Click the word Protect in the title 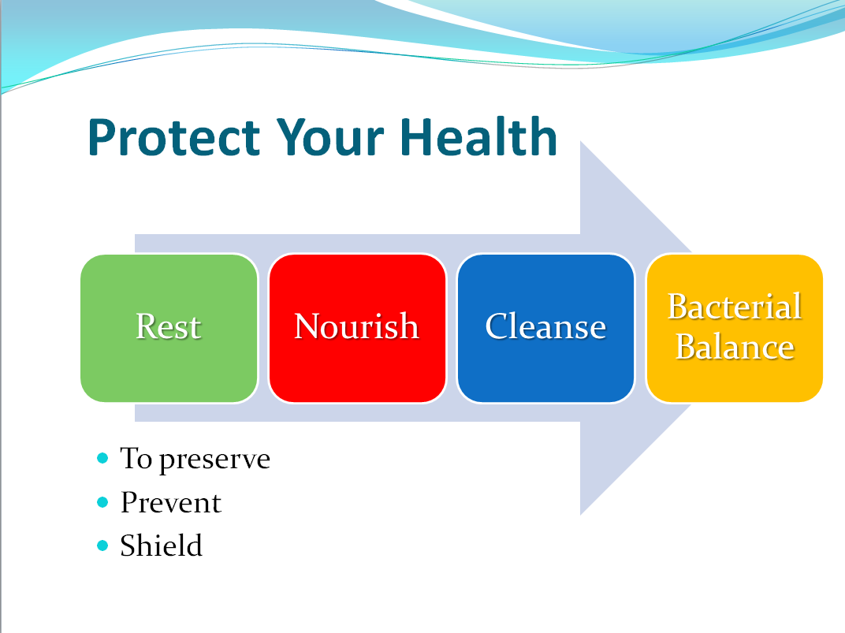[174, 137]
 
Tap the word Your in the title [329, 137]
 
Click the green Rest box [169, 328]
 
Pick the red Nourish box [357, 328]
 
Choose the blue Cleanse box [545, 328]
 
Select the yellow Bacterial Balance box [734, 328]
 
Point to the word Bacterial [735, 307]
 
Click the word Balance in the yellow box [735, 346]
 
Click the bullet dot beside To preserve [102, 459]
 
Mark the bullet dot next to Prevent [102, 502]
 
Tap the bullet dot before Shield [102, 545]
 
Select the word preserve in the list [214, 461]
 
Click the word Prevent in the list [171, 503]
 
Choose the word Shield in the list [161, 545]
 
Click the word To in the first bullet [136, 459]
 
